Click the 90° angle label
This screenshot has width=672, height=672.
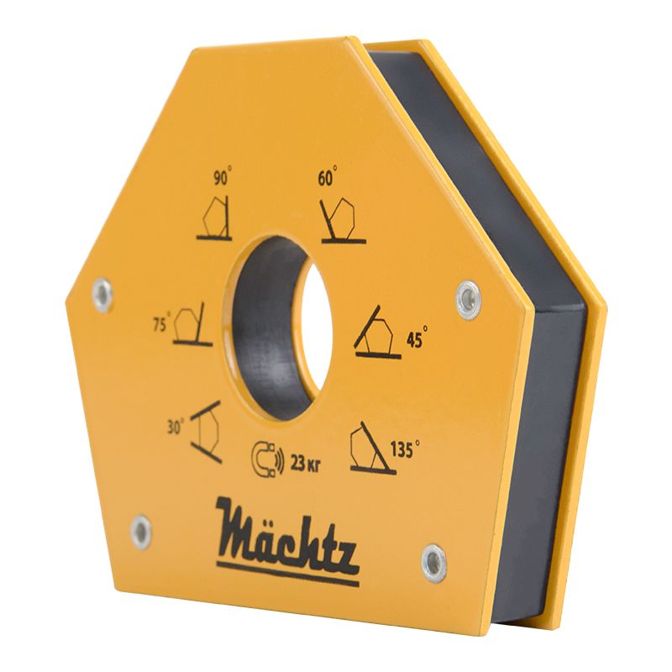[x=223, y=177]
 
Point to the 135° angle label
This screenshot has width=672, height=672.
[x=403, y=449]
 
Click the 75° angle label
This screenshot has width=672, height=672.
[x=161, y=323]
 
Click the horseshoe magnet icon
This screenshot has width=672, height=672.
[x=267, y=459]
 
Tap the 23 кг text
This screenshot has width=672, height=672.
[x=304, y=459]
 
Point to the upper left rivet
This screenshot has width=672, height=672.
[x=102, y=295]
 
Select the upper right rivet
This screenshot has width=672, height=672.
[x=468, y=297]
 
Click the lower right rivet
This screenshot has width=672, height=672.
[x=434, y=561]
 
